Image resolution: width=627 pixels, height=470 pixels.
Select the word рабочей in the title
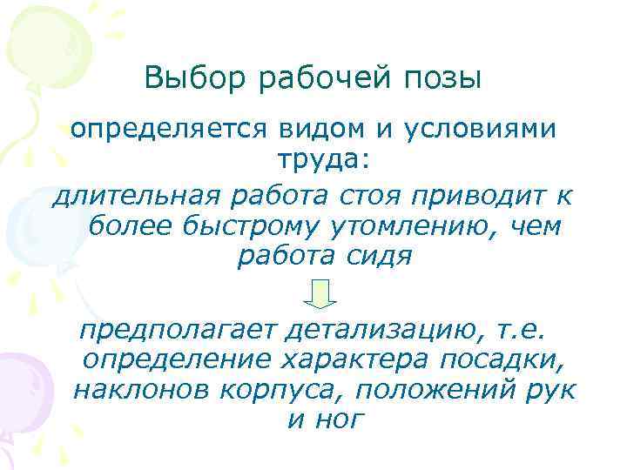pos(313,81)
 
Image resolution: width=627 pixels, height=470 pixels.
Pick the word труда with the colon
pos(315,161)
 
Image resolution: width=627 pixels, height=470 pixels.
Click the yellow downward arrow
pos(320,293)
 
